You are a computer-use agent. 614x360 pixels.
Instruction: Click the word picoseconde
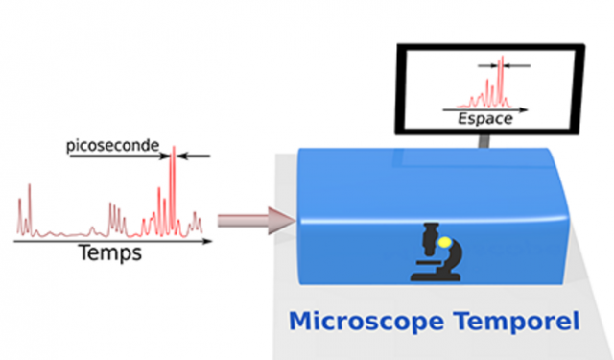point(113,146)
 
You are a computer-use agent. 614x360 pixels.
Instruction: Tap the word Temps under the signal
point(110,252)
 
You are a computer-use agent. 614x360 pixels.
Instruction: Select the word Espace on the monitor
point(485,119)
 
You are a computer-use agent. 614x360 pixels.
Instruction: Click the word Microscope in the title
point(366,322)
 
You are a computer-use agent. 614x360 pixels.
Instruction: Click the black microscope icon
point(437,252)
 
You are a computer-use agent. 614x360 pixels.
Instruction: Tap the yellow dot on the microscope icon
point(444,243)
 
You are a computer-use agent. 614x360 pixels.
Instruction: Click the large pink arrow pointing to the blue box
point(256,221)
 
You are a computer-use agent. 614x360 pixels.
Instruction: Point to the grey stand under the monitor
point(484,141)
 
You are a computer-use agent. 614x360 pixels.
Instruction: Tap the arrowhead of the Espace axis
point(524,110)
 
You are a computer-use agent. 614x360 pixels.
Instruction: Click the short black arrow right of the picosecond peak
point(194,156)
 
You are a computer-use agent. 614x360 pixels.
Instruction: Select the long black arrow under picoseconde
point(120,156)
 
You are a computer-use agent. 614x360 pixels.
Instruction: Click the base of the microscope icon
point(435,276)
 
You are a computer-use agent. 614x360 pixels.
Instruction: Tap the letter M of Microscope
point(300,322)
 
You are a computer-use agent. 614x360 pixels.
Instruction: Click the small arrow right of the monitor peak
point(517,66)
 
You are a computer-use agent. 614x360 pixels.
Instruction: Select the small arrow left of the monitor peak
point(487,66)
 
